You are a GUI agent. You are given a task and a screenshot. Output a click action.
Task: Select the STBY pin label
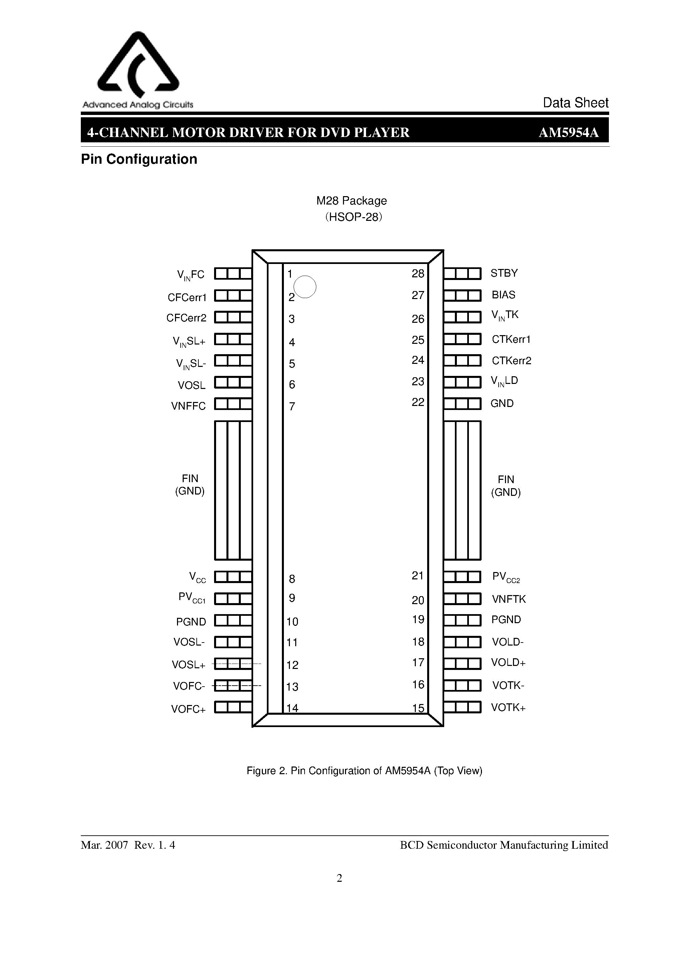click(504, 273)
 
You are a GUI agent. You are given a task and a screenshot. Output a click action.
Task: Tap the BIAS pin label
click(503, 295)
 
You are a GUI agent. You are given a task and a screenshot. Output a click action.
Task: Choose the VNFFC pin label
click(188, 406)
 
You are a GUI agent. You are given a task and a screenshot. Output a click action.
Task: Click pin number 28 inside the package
click(418, 274)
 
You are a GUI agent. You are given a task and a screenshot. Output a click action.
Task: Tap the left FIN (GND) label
click(190, 485)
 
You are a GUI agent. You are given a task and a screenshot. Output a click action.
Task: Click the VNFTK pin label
click(509, 599)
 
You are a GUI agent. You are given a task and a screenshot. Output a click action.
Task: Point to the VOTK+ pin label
click(508, 708)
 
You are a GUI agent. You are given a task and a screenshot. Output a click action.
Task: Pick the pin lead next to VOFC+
click(233, 707)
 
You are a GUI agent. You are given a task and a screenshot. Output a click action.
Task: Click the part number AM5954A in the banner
click(569, 133)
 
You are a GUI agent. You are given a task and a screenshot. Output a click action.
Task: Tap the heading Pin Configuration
click(139, 159)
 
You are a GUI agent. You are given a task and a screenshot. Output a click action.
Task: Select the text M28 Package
click(351, 201)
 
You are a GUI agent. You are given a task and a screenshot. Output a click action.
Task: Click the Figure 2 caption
click(364, 771)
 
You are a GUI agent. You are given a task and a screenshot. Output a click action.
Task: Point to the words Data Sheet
click(575, 103)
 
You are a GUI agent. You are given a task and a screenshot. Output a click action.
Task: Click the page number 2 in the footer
click(339, 878)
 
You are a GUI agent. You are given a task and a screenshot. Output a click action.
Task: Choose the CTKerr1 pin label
click(511, 339)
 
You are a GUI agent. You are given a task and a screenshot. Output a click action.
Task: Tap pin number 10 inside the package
click(292, 622)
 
